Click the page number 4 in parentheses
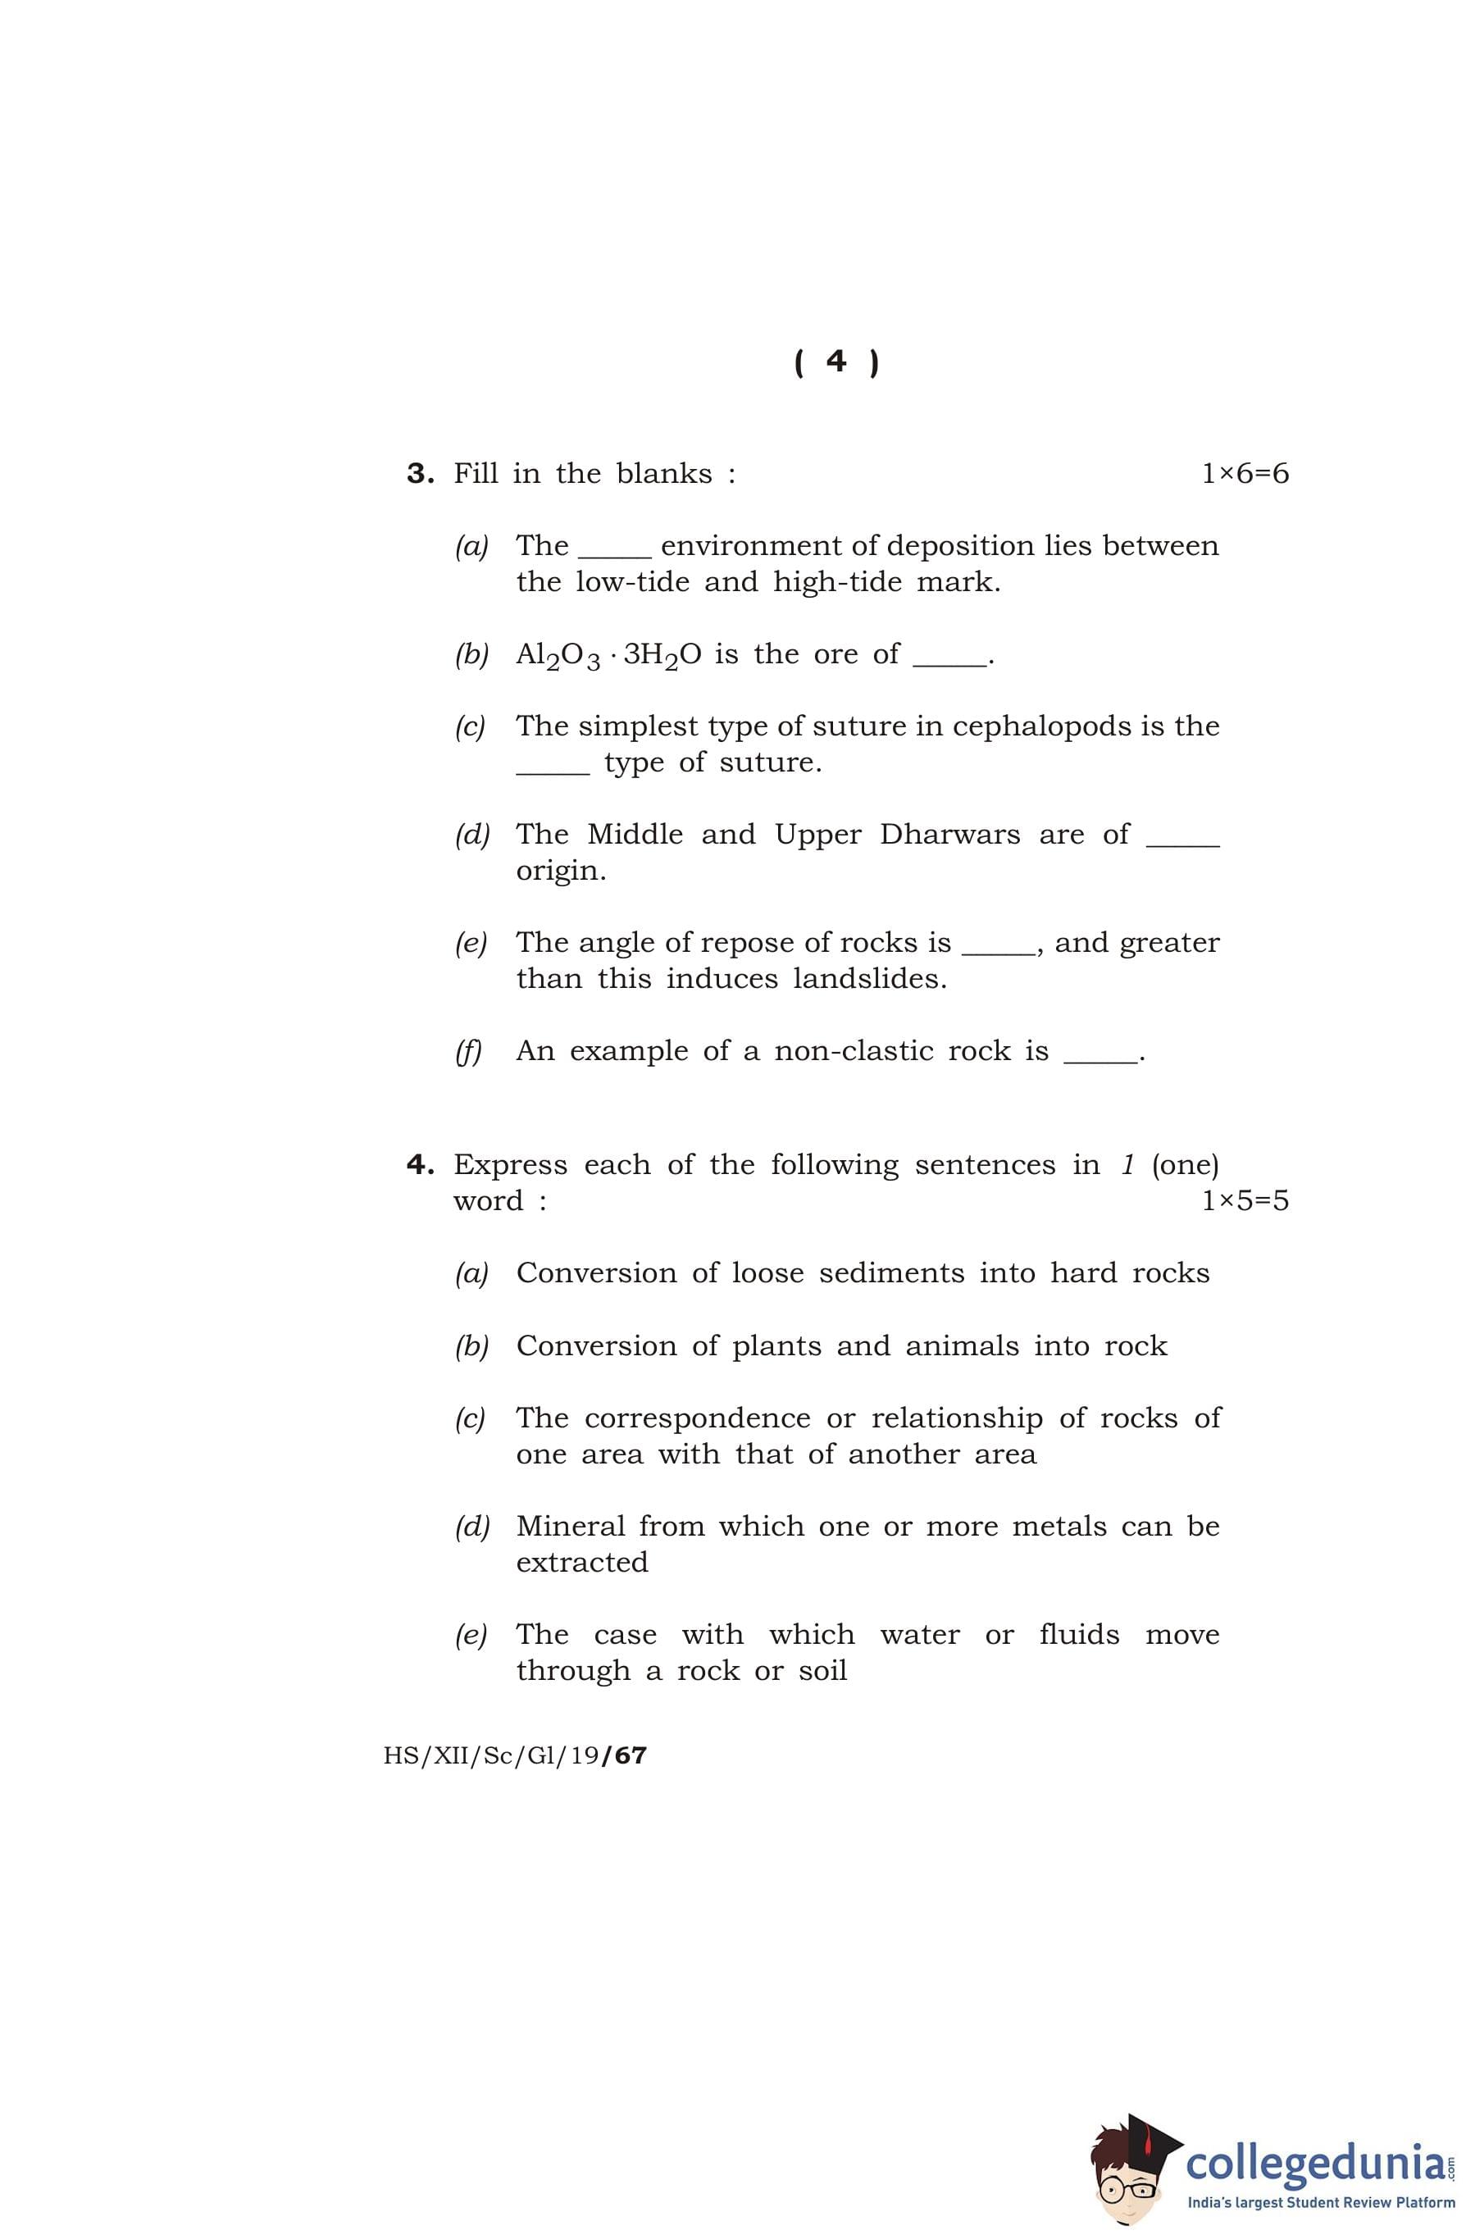point(835,362)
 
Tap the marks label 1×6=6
point(1245,473)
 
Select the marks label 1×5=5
point(1245,1200)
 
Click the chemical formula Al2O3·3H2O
point(608,654)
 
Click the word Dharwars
point(949,834)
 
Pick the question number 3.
point(420,473)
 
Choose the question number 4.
point(420,1164)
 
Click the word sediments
point(891,1273)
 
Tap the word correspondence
point(697,1418)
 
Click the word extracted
point(582,1563)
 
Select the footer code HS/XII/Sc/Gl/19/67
point(515,1756)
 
